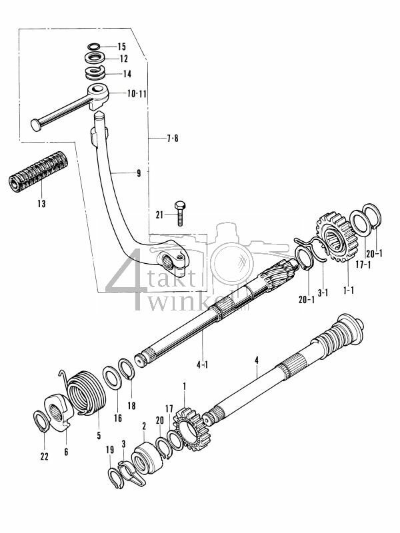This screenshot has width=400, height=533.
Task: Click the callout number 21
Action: (159, 214)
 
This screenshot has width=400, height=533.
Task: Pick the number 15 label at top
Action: (121, 47)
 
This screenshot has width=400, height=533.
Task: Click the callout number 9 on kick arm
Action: (138, 173)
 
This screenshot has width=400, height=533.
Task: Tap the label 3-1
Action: (323, 292)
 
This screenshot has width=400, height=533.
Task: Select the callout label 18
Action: (131, 404)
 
